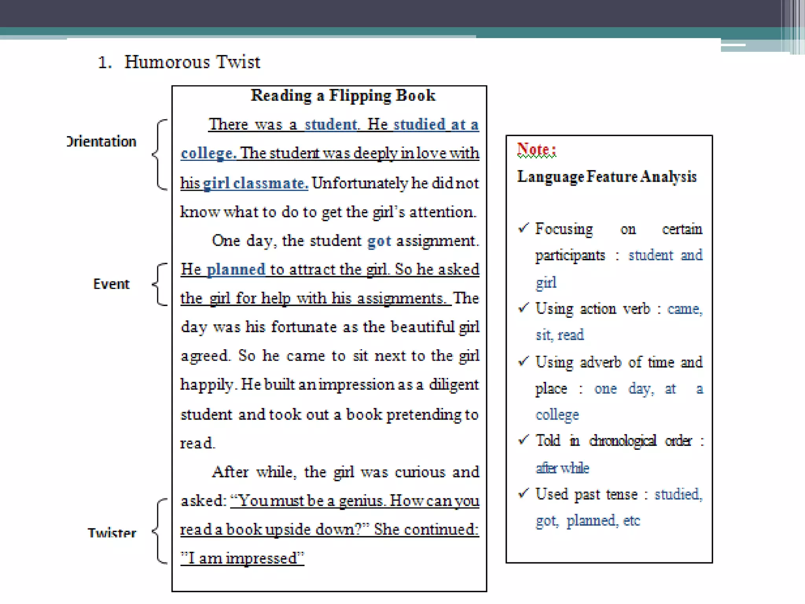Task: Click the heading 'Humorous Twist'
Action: (192, 62)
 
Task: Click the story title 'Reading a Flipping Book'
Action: (343, 96)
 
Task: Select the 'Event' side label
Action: (111, 284)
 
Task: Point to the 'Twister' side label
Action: (112, 533)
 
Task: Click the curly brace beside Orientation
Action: (159, 155)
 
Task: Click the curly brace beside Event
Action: (159, 284)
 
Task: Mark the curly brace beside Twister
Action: (159, 531)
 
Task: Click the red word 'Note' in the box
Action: (533, 149)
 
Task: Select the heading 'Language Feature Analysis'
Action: (607, 177)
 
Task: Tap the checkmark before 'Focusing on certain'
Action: (523, 228)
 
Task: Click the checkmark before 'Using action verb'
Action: (523, 308)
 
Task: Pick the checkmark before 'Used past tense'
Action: (523, 493)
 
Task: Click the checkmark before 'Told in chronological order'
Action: (523, 440)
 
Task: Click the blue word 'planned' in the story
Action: (236, 270)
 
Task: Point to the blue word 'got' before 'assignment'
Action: (379, 241)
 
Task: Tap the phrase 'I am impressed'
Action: (242, 558)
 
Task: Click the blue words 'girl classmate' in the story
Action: (255, 183)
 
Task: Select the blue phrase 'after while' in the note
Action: (562, 468)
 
